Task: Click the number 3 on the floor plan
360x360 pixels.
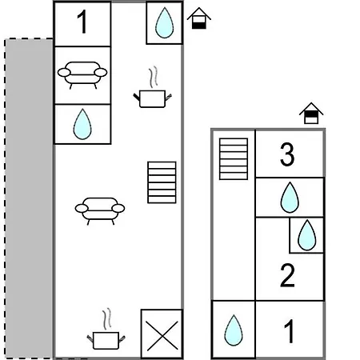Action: point(287,154)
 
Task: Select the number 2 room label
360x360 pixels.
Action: point(287,275)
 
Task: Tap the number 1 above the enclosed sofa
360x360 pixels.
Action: point(82,22)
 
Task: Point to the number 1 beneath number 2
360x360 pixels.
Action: point(289,331)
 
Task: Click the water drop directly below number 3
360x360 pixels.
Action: point(290,198)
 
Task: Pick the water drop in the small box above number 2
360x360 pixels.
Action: point(306,235)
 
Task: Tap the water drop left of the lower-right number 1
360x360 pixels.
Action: point(234,330)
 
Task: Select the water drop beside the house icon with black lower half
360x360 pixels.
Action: point(164,22)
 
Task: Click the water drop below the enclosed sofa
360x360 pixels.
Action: point(82,124)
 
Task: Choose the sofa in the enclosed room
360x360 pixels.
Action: point(82,75)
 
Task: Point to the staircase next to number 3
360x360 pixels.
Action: point(234,159)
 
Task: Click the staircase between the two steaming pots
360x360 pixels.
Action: point(162,182)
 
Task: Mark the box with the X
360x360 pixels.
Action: point(162,334)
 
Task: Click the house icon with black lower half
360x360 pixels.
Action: point(199,18)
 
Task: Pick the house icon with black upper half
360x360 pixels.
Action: point(311,114)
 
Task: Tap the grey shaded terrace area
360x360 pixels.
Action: point(29,198)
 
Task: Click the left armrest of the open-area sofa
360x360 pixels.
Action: point(82,208)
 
